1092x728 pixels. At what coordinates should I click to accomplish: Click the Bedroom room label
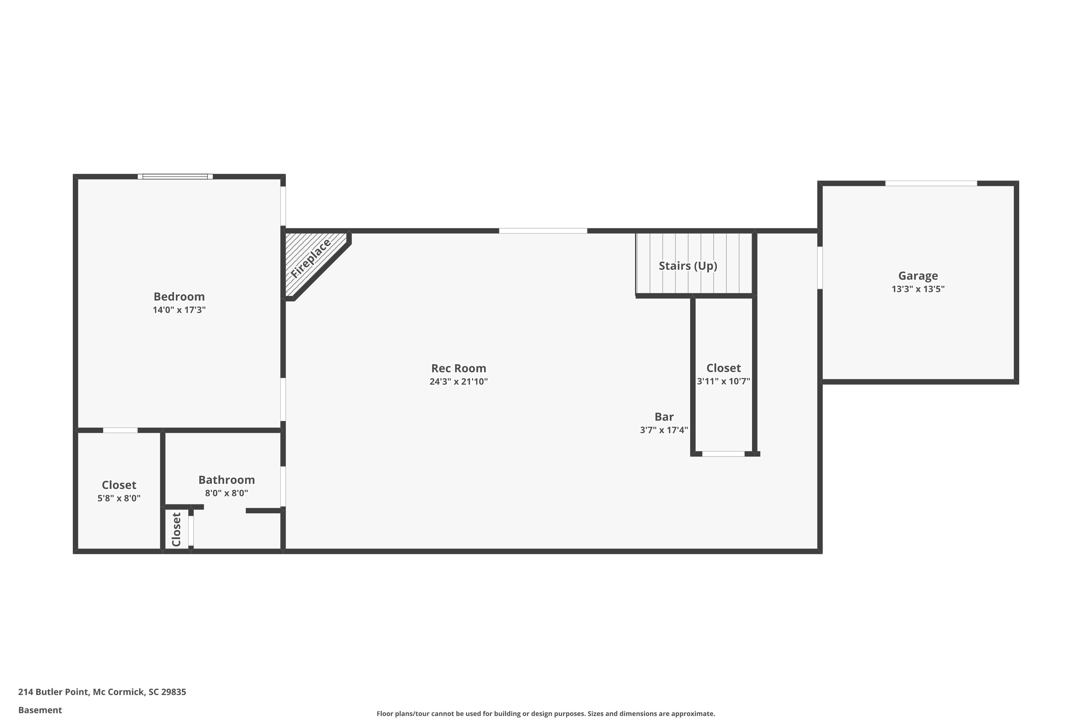[179, 297]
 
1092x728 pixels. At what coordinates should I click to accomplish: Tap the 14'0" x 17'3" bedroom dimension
[179, 310]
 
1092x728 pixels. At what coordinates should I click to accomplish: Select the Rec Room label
[459, 368]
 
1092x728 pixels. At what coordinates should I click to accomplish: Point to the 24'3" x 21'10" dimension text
[459, 381]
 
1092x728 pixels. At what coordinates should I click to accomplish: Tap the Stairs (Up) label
[688, 266]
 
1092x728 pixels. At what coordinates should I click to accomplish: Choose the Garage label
[918, 276]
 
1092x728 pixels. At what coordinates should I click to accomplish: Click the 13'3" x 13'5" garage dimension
[918, 289]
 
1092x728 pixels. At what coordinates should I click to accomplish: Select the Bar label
[664, 417]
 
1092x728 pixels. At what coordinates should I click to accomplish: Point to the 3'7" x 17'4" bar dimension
[664, 430]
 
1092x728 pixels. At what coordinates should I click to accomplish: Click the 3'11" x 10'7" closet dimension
[723, 381]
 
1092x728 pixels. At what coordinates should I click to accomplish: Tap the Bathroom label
[226, 480]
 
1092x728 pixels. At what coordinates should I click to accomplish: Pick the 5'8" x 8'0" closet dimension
[119, 498]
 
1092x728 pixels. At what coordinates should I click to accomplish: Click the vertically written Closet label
[177, 530]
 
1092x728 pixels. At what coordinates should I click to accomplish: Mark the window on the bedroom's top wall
[175, 177]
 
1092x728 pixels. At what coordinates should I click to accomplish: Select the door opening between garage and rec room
[820, 268]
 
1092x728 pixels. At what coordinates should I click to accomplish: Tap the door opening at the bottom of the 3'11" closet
[723, 454]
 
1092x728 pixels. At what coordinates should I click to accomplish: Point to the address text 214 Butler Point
[54, 692]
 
